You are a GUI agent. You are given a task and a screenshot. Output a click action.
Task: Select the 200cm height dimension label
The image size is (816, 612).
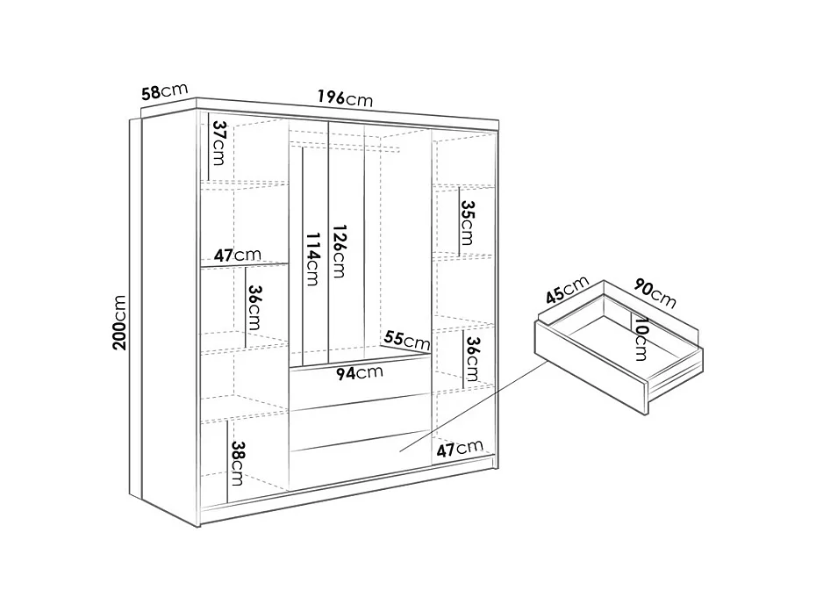[x=121, y=322]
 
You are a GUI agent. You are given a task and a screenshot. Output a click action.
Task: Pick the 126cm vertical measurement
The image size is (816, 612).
[x=337, y=251]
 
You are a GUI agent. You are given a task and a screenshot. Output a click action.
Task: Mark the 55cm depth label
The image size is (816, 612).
[x=407, y=339]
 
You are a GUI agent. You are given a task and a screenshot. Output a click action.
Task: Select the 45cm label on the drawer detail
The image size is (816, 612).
[x=565, y=292]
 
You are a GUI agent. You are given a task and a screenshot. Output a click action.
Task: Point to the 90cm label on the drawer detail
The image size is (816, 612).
[x=655, y=292]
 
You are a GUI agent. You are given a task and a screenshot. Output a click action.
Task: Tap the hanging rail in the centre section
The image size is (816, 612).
[x=344, y=140]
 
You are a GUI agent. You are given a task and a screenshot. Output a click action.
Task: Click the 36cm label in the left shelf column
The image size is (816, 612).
[x=254, y=307]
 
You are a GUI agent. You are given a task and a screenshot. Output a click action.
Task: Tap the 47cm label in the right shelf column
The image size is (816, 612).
[x=459, y=450]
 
